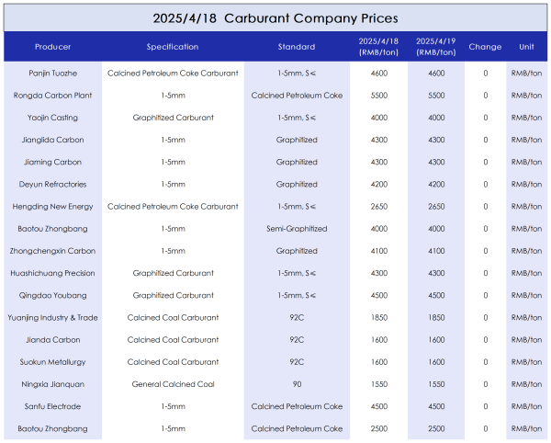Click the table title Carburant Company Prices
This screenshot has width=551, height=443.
tap(311, 18)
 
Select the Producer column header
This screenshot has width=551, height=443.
tap(52, 47)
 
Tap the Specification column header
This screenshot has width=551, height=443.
tap(173, 47)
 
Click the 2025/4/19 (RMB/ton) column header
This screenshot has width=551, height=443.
tap(436, 47)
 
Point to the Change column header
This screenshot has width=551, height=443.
tap(485, 47)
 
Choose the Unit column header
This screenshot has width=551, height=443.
tap(526, 47)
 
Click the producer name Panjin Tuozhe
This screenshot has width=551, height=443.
tap(52, 74)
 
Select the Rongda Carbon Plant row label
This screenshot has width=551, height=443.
tap(52, 96)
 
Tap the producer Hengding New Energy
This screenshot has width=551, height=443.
tap(52, 207)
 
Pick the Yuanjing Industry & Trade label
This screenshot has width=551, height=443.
tap(52, 317)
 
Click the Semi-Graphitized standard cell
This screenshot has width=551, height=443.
tap(297, 229)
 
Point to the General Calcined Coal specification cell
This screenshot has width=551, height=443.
tap(173, 384)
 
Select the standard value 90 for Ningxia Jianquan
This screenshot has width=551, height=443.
tap(297, 384)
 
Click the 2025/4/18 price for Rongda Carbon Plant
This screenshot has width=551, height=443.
tap(379, 96)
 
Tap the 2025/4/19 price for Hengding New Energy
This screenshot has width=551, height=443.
tap(436, 207)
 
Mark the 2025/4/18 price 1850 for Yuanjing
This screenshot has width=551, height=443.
tap(379, 317)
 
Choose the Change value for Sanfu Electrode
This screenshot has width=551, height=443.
tap(486, 406)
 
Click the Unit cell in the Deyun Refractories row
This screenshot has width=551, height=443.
tap(526, 184)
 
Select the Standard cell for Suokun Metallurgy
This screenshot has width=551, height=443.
tap(297, 362)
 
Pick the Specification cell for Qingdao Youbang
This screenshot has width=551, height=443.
tap(173, 295)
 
